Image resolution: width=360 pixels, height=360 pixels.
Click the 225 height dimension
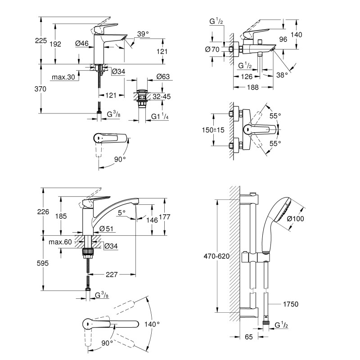40,41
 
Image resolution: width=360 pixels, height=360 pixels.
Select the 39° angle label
143,34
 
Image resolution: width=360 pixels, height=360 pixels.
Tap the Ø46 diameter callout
81,44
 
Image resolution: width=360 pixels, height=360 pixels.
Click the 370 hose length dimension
40,89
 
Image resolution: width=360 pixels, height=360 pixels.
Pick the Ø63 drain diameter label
163,77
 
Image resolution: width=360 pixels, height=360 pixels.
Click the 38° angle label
282,76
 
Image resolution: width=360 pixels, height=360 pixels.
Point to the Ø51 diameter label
106,229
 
